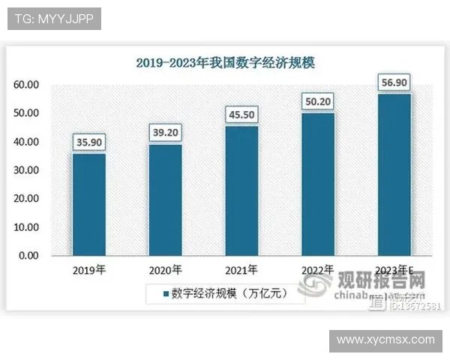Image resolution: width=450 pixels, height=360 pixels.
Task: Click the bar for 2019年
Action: [x=88, y=204]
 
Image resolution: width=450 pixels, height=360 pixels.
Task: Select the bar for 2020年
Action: [x=165, y=199]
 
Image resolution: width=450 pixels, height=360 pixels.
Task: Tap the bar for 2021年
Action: [x=241, y=190]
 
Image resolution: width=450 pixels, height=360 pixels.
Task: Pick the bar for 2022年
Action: [x=318, y=184]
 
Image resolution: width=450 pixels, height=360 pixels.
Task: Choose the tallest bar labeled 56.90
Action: [x=394, y=174]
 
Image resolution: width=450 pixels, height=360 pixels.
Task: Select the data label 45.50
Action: [x=241, y=115]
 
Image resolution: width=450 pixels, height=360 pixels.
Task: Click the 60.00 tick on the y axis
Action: [x=27, y=85]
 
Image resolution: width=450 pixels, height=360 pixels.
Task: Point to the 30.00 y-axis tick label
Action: [x=27, y=170]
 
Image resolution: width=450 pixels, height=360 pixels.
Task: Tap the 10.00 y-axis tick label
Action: [x=27, y=227]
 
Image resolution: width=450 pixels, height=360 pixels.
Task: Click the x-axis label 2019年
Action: [x=88, y=270]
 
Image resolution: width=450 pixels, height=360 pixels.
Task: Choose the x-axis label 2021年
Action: [x=241, y=270]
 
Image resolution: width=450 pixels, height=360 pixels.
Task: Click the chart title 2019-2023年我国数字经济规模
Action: [x=225, y=63]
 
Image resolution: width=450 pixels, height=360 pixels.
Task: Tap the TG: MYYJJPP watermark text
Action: [x=54, y=19]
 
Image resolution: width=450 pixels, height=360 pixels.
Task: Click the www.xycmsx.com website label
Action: [x=385, y=340]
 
